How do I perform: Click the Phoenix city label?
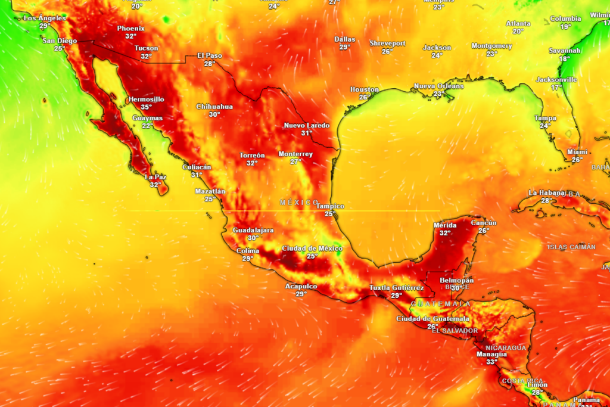click(x=130, y=28)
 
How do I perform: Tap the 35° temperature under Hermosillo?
click(x=147, y=107)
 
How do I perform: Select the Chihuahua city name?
click(x=214, y=107)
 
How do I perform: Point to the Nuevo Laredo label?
click(x=306, y=125)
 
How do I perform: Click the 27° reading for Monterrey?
click(x=295, y=161)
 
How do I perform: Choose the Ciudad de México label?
click(x=312, y=248)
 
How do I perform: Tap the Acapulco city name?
click(x=301, y=286)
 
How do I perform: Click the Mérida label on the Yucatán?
click(x=445, y=225)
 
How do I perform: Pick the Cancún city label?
click(x=484, y=223)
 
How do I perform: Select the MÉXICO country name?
click(x=299, y=203)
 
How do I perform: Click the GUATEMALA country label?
click(x=441, y=304)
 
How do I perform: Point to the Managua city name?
click(x=491, y=354)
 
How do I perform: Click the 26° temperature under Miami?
click(x=577, y=160)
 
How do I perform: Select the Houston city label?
click(x=364, y=89)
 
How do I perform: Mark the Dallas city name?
click(x=344, y=39)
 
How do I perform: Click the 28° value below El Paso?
click(x=210, y=63)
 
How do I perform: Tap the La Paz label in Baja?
click(x=155, y=177)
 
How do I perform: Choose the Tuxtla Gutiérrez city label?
click(x=396, y=288)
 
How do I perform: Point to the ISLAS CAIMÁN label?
click(x=571, y=247)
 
